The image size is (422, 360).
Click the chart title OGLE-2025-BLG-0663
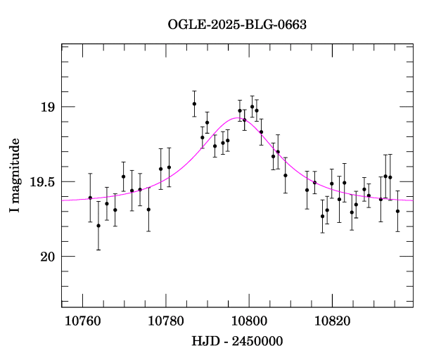237,24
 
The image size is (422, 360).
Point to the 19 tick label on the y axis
48,107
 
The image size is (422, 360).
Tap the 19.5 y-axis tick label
43,181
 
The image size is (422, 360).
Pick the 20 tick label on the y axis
48,257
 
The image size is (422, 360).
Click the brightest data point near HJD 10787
194,104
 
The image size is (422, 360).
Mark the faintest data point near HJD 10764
98,226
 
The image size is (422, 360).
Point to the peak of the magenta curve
237,118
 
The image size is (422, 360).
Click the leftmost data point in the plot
90,198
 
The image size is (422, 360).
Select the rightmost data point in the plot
397,211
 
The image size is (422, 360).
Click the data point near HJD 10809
285,175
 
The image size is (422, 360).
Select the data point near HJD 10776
148,209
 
